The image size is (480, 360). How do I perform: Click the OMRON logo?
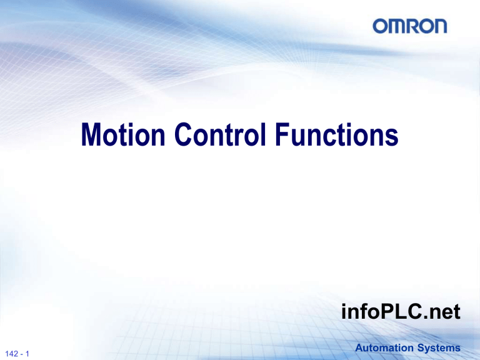pos(411,26)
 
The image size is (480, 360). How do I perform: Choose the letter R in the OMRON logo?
pos(411,26)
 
